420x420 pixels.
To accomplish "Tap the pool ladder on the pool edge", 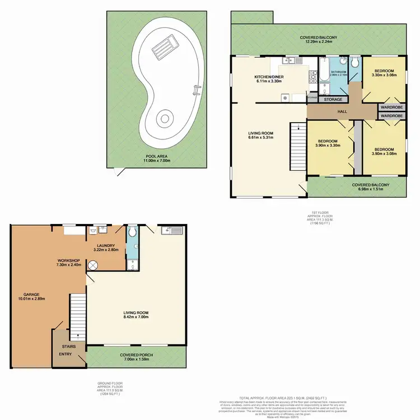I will [196, 88].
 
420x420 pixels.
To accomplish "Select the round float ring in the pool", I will [164, 118].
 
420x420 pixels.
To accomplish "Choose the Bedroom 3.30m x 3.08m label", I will [384, 73].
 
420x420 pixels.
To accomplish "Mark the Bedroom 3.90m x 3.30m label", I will [328, 143].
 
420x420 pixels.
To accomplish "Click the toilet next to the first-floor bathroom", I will [356, 60].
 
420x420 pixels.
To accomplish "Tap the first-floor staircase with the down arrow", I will [297, 143].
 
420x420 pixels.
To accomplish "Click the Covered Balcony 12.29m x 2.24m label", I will [316, 40].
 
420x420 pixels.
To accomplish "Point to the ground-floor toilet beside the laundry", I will [131, 231].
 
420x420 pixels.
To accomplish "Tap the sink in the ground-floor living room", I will [170, 230].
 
